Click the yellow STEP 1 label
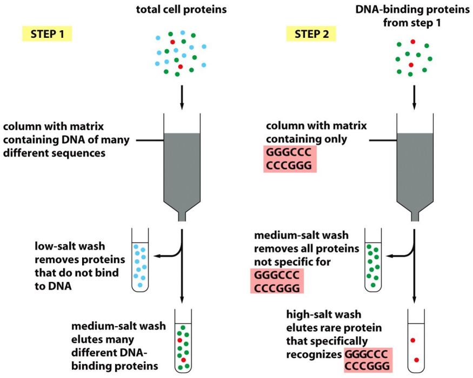coord(47,34)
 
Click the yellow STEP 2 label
coord(311,34)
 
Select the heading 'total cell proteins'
coord(181,10)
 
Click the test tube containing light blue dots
coord(140,260)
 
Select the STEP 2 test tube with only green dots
coord(373,260)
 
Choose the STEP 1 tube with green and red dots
coord(183,341)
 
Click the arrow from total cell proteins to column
coord(182,97)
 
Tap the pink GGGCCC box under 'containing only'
coord(290,159)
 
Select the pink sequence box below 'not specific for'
coord(277,281)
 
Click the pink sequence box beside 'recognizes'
coord(368,360)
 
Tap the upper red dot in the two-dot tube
coord(413,340)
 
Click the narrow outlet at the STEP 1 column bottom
coord(182,217)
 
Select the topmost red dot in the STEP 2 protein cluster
coord(413,42)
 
